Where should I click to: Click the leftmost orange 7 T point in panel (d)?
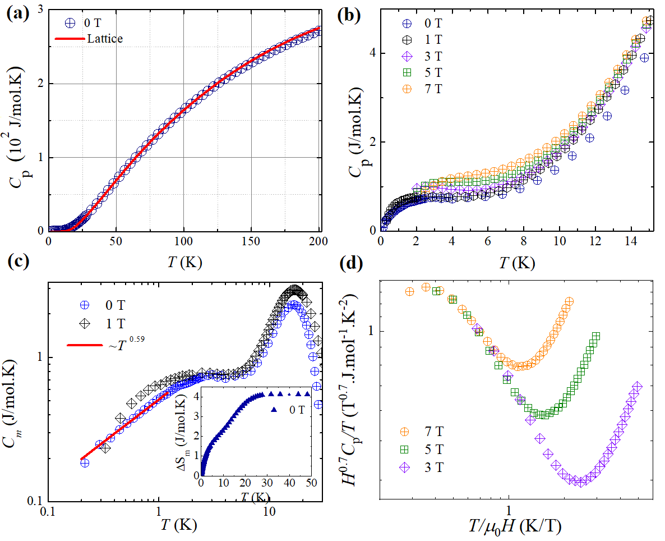click(409, 291)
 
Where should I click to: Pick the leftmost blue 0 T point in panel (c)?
click(85, 462)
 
